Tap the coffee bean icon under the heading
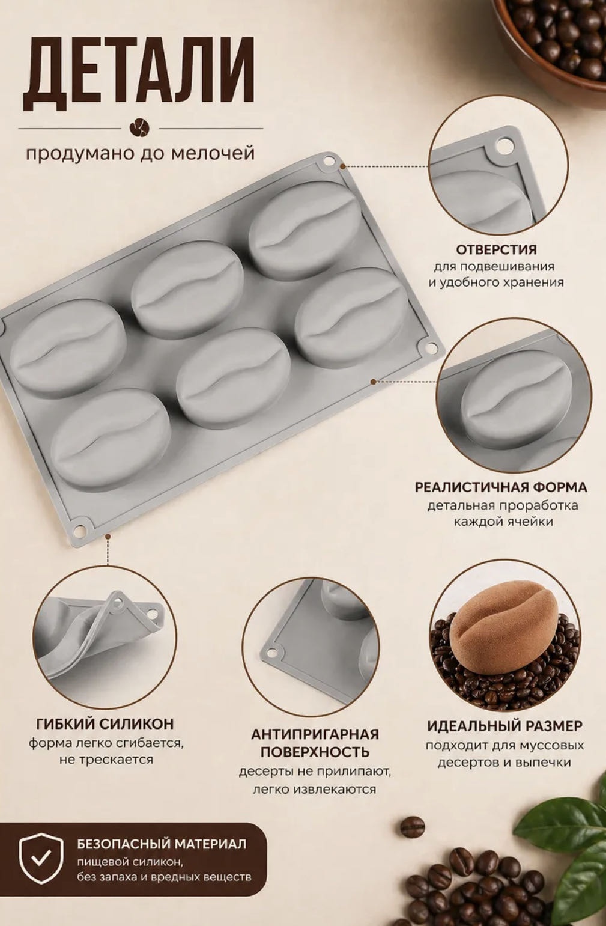[140, 128]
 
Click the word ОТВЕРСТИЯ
[496, 249]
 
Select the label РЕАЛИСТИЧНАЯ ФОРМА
[501, 487]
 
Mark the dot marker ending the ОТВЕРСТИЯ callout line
[342, 166]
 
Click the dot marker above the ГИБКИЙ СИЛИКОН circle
[108, 536]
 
